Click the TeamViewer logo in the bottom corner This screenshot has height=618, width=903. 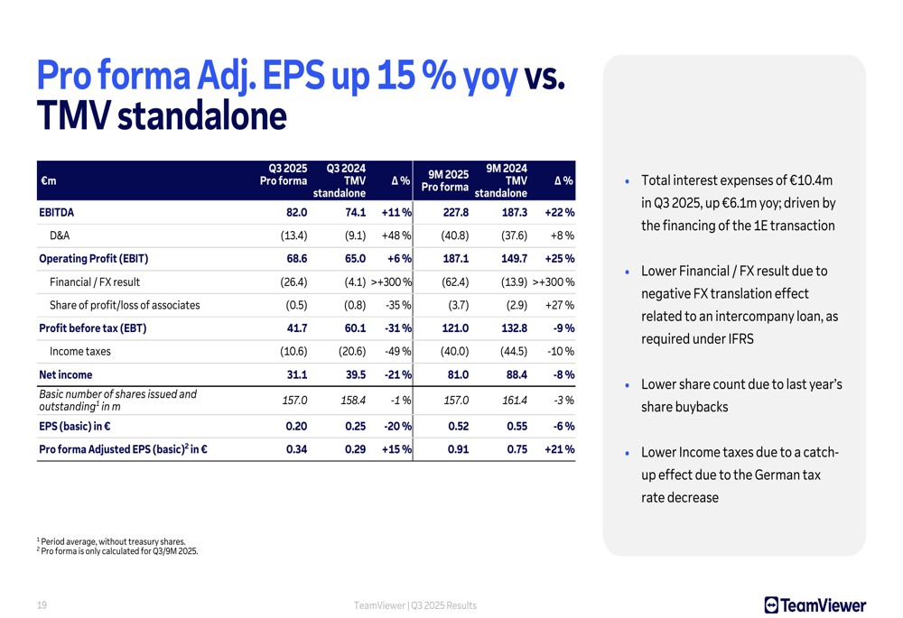[x=815, y=605]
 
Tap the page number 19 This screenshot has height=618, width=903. [x=42, y=605]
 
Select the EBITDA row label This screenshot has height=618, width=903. [x=56, y=213]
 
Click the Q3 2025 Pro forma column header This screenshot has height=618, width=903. [x=284, y=175]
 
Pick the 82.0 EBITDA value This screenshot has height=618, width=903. [x=297, y=213]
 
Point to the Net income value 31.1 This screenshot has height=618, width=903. [x=297, y=374]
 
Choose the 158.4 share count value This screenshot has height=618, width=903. [x=349, y=401]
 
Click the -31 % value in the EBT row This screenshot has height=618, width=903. [x=397, y=328]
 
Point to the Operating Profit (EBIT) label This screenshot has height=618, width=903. [x=94, y=259]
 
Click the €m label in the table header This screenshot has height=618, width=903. [x=48, y=181]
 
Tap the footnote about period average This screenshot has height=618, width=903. [x=112, y=541]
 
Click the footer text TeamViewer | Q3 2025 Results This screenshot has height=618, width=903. [x=415, y=605]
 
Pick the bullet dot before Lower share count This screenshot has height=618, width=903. [x=628, y=386]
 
